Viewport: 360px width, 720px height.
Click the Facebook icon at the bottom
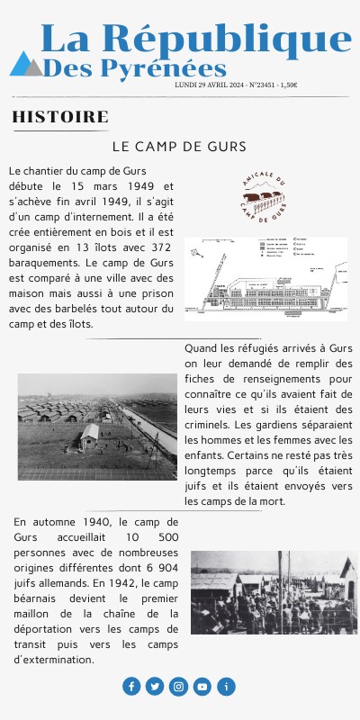131,687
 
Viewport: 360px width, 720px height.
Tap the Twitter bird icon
155,687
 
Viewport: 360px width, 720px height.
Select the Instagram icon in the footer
179,687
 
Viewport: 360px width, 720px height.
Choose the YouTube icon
202,687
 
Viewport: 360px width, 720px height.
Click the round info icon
227,687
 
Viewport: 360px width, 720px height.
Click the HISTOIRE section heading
60,117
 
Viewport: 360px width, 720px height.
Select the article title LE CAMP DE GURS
179,146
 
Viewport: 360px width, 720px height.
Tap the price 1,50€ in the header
289,85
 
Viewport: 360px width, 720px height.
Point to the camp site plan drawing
265,278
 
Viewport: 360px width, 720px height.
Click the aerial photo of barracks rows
97,427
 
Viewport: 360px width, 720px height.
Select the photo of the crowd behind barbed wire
274,592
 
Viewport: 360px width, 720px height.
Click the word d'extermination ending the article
54,659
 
